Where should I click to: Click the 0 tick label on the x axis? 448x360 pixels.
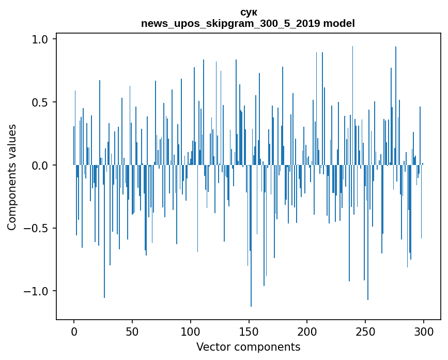[x=74, y=331]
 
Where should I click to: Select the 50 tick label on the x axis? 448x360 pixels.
[x=132, y=331]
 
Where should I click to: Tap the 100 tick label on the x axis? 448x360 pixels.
[x=191, y=331]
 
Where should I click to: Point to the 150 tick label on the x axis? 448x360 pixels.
[x=249, y=331]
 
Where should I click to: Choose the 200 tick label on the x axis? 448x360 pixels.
[x=307, y=331]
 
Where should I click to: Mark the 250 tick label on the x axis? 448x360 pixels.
[x=365, y=331]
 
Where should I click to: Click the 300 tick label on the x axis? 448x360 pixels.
[x=424, y=331]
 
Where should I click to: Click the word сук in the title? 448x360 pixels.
[x=249, y=12]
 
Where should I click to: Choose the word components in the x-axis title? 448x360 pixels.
[x=266, y=347]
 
